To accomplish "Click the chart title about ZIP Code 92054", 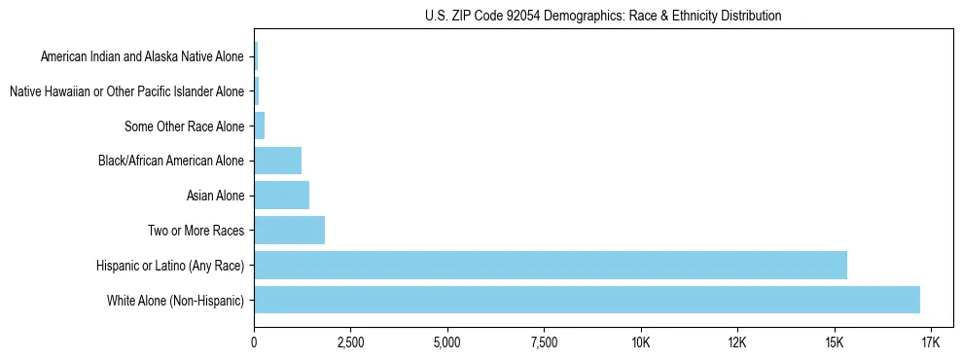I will [x=603, y=16].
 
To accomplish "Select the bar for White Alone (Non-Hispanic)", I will [x=587, y=300].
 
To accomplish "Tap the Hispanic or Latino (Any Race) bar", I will [x=551, y=265].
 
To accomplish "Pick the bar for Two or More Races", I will [x=289, y=231].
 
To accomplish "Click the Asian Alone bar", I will [x=281, y=196].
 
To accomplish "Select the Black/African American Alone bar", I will [x=277, y=161].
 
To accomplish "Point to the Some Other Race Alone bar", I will [x=259, y=126].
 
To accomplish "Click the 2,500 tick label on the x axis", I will [x=350, y=342].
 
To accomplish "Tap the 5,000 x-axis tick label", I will [x=446, y=342].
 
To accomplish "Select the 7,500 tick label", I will [x=544, y=342].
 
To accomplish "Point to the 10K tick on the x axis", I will [x=640, y=342].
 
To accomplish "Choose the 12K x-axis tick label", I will [x=736, y=342].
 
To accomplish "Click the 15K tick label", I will [x=834, y=342].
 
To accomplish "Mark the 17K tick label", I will [x=930, y=342].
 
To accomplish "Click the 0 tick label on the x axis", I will [x=254, y=342].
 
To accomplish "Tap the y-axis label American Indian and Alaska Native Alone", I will [x=142, y=56].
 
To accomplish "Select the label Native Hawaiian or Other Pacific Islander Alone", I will [x=126, y=91].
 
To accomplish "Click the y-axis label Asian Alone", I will [x=215, y=196].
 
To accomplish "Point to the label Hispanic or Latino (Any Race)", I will [x=170, y=265].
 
